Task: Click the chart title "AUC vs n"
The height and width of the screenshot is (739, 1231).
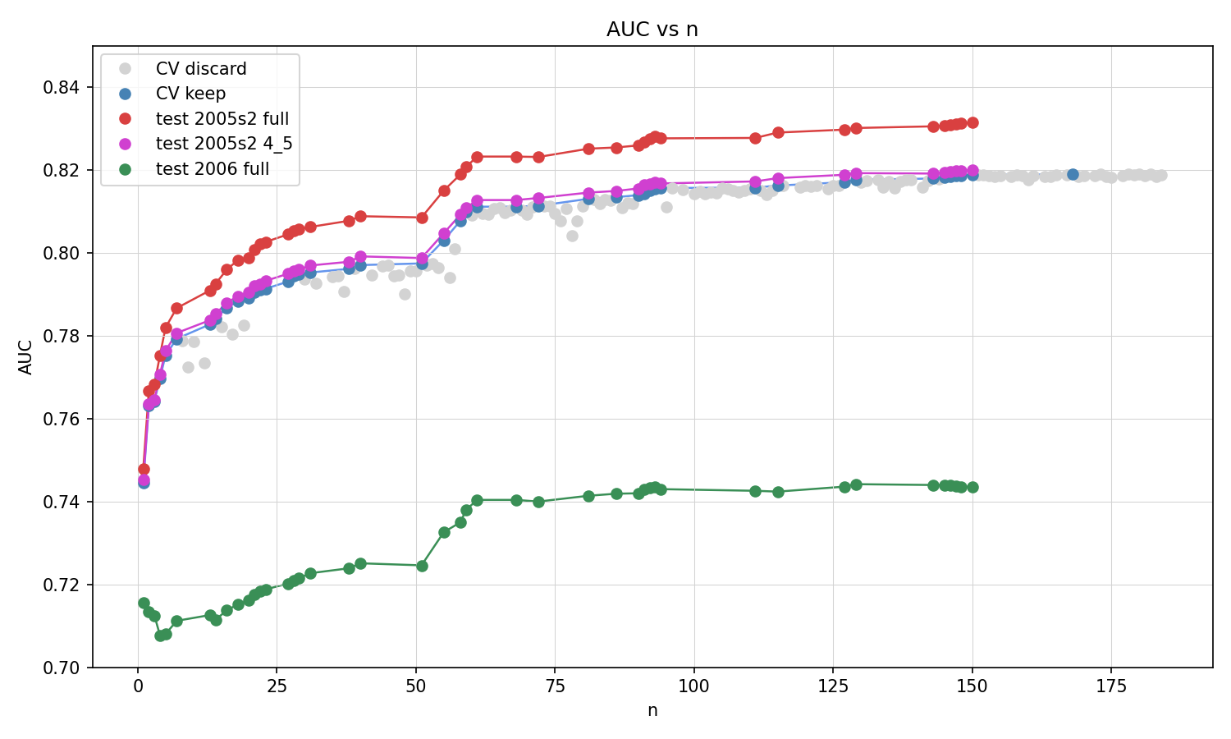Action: (x=652, y=30)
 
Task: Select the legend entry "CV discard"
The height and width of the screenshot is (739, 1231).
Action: (x=201, y=69)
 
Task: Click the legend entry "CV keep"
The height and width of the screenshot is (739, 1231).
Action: (x=190, y=94)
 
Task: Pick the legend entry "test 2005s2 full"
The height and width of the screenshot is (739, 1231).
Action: (x=222, y=119)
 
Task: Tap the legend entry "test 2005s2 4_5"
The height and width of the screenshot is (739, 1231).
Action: (x=224, y=145)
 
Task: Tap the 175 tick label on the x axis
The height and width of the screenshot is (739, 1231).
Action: (x=1111, y=686)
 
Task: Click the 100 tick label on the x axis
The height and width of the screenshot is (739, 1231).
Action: (x=693, y=686)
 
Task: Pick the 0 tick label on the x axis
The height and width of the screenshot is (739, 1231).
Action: (x=138, y=686)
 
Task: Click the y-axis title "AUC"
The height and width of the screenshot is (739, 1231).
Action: (x=26, y=357)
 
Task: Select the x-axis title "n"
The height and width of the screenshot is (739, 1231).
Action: (x=652, y=710)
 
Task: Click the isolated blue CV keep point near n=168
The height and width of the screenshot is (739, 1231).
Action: (x=1073, y=174)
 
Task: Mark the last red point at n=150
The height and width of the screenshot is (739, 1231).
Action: (x=972, y=122)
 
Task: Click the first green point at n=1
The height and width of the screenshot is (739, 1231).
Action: (x=144, y=603)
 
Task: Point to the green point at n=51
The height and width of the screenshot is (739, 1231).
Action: (x=422, y=566)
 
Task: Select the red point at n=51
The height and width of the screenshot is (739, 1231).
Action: (x=422, y=218)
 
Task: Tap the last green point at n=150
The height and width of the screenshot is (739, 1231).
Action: (x=972, y=487)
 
